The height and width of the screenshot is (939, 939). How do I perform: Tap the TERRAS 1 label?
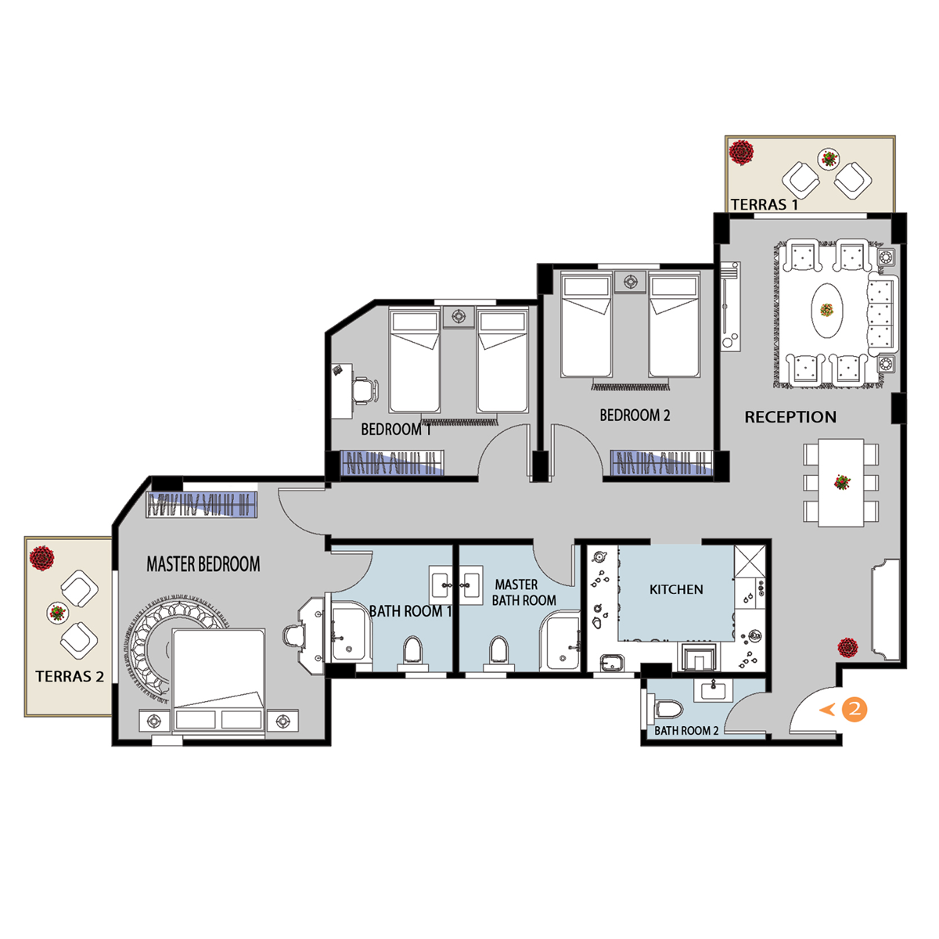click(764, 205)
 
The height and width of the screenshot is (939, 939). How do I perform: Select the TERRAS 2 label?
click(70, 676)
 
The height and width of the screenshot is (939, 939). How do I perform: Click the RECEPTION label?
click(790, 417)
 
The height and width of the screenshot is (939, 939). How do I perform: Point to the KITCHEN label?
click(676, 590)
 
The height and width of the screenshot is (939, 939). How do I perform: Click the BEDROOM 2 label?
click(635, 416)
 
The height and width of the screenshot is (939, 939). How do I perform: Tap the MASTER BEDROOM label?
click(203, 564)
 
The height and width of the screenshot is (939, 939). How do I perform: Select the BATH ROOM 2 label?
click(686, 731)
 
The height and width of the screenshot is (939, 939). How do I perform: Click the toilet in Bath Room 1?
click(412, 653)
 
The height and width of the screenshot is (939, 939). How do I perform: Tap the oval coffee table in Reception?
click(826, 309)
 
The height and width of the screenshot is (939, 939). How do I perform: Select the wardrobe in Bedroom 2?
click(662, 462)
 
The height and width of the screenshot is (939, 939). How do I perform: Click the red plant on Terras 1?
click(741, 152)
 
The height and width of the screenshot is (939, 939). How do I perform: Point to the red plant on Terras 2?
click(42, 558)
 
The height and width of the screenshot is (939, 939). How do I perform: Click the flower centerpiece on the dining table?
click(841, 483)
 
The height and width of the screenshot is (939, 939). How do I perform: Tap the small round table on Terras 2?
click(57, 613)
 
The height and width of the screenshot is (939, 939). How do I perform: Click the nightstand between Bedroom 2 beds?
click(630, 282)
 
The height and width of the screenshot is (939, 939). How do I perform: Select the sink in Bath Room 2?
click(713, 691)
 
